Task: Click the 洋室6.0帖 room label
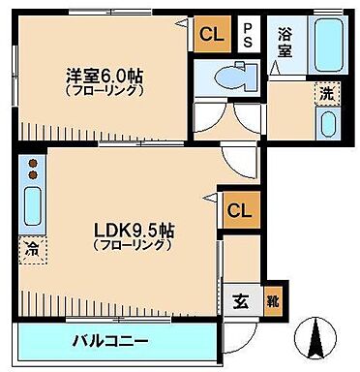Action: [105, 73]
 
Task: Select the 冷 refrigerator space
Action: [31, 247]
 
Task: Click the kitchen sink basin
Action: [31, 204]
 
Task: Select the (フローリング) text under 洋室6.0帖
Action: [105, 89]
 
